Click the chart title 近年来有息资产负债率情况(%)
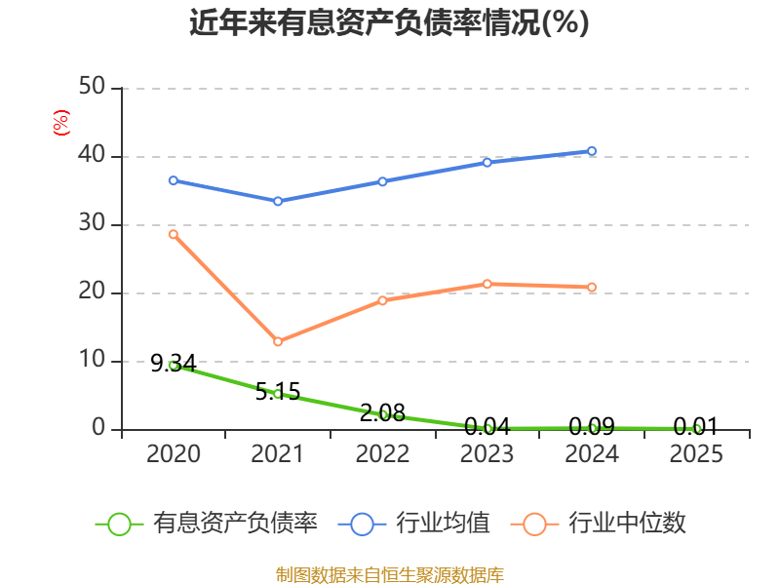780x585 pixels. (389, 22)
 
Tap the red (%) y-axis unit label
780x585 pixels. (61, 123)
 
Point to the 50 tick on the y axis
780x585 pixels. (92, 87)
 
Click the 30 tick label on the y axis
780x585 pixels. (92, 223)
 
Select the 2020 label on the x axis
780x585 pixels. (174, 453)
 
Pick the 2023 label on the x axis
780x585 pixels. (487, 453)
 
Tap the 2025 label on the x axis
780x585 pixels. (696, 453)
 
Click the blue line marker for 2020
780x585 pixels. (174, 180)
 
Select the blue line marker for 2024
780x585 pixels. (592, 151)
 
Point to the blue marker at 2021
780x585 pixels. (278, 202)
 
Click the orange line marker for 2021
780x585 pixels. (278, 342)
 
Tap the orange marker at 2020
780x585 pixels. (174, 234)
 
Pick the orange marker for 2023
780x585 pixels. (487, 284)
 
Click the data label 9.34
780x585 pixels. (174, 363)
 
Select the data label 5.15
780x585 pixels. (278, 392)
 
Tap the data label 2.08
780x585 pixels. (382, 412)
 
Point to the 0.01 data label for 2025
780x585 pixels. (696, 426)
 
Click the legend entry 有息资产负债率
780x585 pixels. (207, 524)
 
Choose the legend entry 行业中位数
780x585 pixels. (599, 524)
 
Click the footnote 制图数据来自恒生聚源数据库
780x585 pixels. (390, 575)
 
